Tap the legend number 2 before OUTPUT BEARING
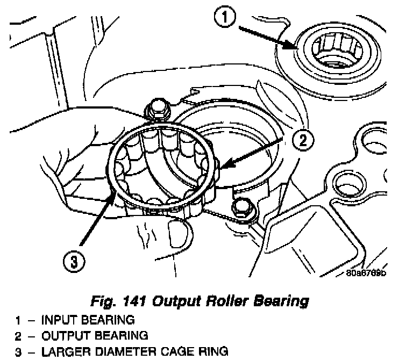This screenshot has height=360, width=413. (18, 336)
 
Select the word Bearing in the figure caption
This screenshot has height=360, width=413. (277, 300)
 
